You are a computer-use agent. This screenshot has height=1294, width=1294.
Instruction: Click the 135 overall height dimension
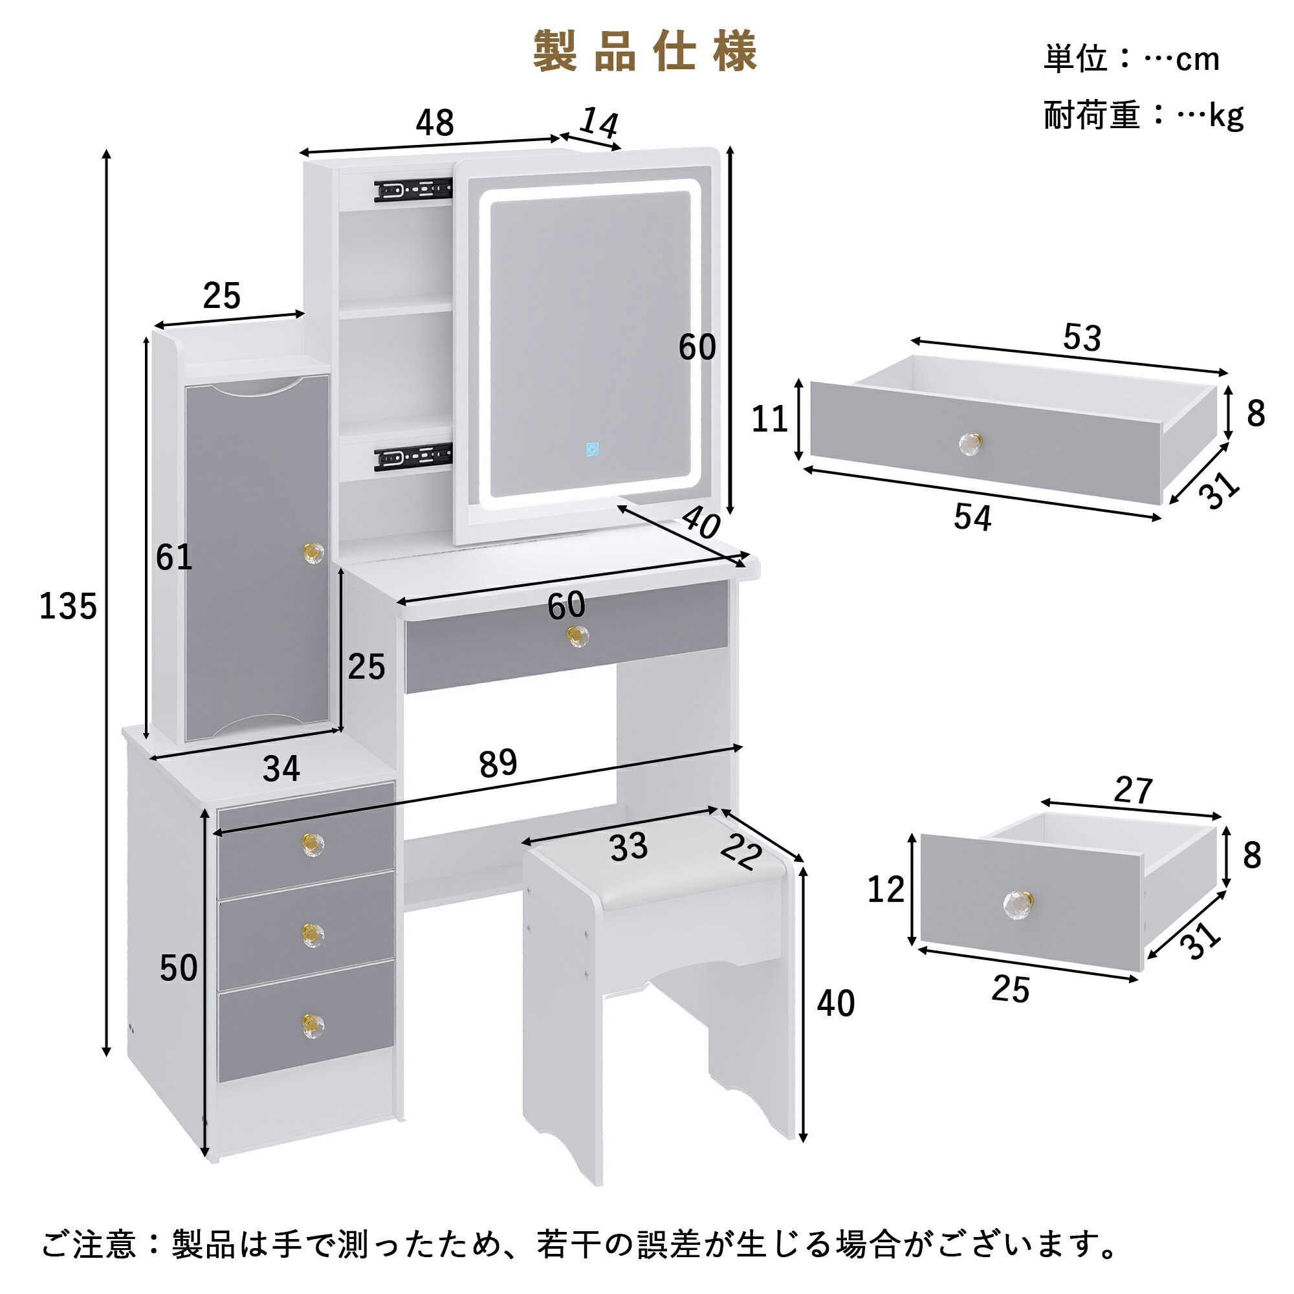click(68, 607)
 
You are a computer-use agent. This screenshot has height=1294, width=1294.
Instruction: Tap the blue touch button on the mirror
click(592, 449)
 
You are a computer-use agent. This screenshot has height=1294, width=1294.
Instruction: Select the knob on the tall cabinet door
click(313, 552)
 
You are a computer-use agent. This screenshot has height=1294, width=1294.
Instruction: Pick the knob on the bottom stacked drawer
click(312, 1025)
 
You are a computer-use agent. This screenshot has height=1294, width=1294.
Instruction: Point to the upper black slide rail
click(413, 190)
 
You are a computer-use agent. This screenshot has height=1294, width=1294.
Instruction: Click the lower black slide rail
click(413, 457)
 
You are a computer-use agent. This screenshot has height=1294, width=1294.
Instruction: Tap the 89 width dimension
click(498, 763)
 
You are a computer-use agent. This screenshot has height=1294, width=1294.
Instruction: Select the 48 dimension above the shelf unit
click(435, 122)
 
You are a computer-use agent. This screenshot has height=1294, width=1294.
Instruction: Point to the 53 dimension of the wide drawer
click(1082, 338)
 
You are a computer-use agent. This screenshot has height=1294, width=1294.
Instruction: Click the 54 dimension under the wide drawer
click(972, 517)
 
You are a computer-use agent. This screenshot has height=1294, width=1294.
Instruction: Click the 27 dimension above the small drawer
click(1133, 791)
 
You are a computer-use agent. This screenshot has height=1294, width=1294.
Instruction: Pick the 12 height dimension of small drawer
click(886, 890)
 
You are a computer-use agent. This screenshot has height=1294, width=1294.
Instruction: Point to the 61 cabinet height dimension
click(173, 557)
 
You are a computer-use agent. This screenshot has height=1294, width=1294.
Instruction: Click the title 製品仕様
click(645, 52)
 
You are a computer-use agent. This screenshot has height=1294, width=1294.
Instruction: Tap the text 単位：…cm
click(1131, 60)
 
